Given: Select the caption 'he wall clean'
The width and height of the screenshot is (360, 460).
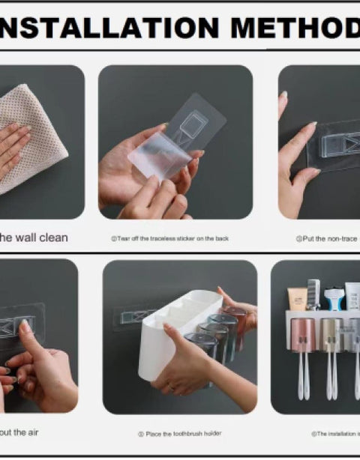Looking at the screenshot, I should tap(33, 237).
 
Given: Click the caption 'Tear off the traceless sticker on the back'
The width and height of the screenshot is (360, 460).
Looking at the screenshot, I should tap(165, 238).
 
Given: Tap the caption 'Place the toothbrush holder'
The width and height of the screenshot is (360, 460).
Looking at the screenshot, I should tap(179, 434).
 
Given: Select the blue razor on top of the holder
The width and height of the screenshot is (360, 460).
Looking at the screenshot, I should tap(334, 297).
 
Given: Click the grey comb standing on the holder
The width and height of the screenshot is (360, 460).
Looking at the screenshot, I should tap(314, 293).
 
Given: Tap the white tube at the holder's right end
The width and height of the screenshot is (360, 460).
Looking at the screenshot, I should tap(352, 296).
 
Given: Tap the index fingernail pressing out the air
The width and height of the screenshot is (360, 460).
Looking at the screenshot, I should tap(25, 327).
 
